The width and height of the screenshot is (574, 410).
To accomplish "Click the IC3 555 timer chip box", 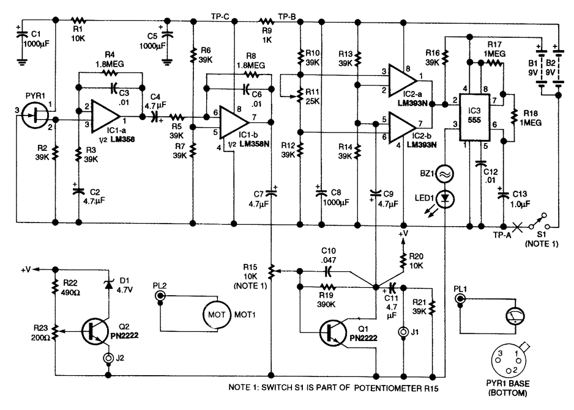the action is click(474, 117).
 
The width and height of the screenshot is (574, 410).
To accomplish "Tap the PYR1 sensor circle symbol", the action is click(35, 115).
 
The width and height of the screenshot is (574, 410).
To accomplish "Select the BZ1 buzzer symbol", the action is click(445, 174).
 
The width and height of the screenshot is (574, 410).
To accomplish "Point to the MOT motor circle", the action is click(217, 315).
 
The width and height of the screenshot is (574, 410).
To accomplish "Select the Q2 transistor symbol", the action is click(95, 331).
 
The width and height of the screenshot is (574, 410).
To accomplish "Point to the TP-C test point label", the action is click(220, 16).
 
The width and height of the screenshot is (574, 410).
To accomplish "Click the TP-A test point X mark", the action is click(517, 227).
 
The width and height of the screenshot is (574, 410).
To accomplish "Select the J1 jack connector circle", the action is click(403, 332).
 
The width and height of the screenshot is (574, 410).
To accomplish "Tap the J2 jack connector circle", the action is click(108, 357).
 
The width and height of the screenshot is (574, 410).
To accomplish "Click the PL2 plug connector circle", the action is click(160, 295).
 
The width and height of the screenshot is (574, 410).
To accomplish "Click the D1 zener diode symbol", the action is click(108, 284).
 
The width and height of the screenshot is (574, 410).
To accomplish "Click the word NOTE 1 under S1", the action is click(542, 244).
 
